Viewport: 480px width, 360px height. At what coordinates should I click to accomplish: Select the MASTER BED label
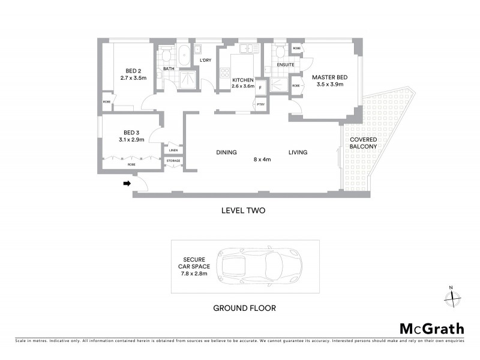pyautogui.click(x=329, y=76)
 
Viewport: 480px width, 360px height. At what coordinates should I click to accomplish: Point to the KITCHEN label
pyautogui.click(x=243, y=79)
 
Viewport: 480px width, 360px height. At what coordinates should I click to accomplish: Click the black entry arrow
pyautogui.click(x=127, y=184)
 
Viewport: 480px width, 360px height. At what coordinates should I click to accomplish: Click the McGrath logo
pyautogui.click(x=432, y=328)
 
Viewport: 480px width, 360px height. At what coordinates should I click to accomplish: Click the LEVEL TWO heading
pyautogui.click(x=243, y=211)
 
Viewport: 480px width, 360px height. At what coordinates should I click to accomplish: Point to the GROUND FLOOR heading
pyautogui.click(x=245, y=308)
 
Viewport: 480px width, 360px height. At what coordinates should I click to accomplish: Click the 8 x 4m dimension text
pyautogui.click(x=262, y=160)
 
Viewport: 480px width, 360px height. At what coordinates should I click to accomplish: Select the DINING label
pyautogui.click(x=227, y=152)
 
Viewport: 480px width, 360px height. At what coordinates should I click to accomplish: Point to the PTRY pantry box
pyautogui.click(x=260, y=105)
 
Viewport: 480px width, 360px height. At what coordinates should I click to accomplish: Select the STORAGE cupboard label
pyautogui.click(x=173, y=161)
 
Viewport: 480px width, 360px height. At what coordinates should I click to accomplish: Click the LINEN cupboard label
pyautogui.click(x=173, y=150)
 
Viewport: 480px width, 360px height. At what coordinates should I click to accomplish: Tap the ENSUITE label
pyautogui.click(x=286, y=65)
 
